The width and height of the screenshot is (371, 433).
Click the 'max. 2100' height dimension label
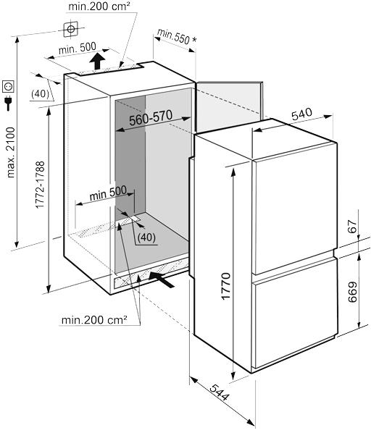click(x=11, y=152)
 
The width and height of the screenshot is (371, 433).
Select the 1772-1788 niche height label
click(x=41, y=185)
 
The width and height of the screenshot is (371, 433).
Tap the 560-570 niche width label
click(x=151, y=118)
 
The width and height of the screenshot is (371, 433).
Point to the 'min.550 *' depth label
click(x=177, y=37)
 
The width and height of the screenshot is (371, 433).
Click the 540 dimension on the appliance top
click(x=301, y=114)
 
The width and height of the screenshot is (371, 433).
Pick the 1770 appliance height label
click(x=225, y=286)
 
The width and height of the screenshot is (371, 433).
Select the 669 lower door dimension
click(x=352, y=292)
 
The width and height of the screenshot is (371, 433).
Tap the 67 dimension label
click(x=352, y=227)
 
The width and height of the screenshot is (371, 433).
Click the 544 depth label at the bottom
click(x=220, y=392)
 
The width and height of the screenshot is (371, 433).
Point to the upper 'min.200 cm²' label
click(x=99, y=6)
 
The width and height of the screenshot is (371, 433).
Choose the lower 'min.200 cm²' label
click(x=94, y=320)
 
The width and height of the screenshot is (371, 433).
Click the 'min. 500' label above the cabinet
click(x=78, y=49)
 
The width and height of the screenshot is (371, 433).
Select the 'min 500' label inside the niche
click(x=108, y=193)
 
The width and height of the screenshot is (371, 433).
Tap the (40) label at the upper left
click(x=41, y=94)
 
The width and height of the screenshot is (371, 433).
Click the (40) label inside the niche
click(x=146, y=237)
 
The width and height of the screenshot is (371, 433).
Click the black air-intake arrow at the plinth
click(x=162, y=279)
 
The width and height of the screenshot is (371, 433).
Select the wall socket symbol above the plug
click(x=8, y=87)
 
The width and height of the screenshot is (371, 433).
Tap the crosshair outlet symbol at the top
click(x=71, y=29)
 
